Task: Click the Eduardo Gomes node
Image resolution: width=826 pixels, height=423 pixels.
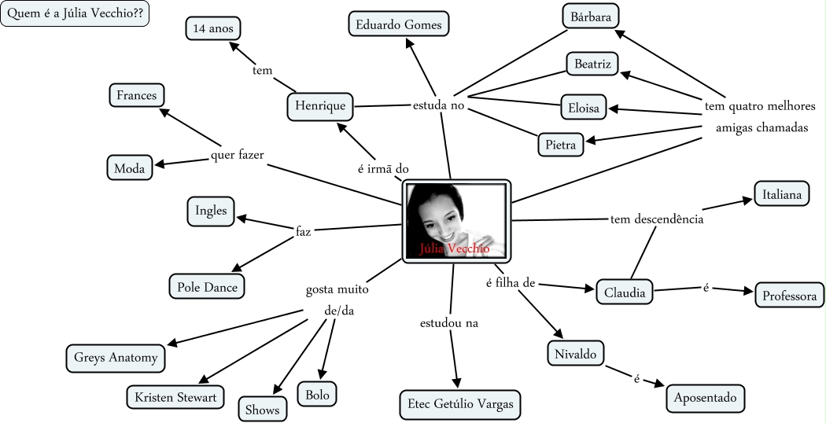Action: (x=398, y=24)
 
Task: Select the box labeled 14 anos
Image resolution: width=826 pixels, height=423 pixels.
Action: (x=213, y=29)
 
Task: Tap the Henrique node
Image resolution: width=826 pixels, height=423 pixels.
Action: (x=321, y=105)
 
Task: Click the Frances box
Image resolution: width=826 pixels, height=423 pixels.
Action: (x=137, y=96)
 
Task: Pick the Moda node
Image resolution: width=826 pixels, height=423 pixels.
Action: (x=130, y=167)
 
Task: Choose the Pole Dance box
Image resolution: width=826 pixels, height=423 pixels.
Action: (x=207, y=287)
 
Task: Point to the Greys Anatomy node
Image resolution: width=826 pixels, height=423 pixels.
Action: (x=116, y=358)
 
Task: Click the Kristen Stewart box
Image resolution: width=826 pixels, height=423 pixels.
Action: (x=175, y=397)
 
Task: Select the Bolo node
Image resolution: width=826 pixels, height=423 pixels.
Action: (x=317, y=392)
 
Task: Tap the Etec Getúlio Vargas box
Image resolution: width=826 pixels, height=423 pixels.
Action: (x=460, y=404)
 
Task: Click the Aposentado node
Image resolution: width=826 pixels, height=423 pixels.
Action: (x=705, y=398)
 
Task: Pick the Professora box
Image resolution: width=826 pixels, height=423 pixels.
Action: (x=790, y=296)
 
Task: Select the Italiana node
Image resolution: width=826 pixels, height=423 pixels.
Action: (x=781, y=193)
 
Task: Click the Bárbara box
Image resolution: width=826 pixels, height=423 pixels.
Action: (x=591, y=16)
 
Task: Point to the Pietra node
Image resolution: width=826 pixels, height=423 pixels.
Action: (x=561, y=145)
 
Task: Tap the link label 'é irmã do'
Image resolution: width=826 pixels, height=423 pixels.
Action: (x=383, y=168)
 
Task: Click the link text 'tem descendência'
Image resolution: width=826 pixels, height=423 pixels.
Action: (x=656, y=219)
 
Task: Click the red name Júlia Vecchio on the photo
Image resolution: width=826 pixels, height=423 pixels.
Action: (x=455, y=248)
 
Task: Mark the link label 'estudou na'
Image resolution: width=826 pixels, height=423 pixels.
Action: (x=449, y=322)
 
